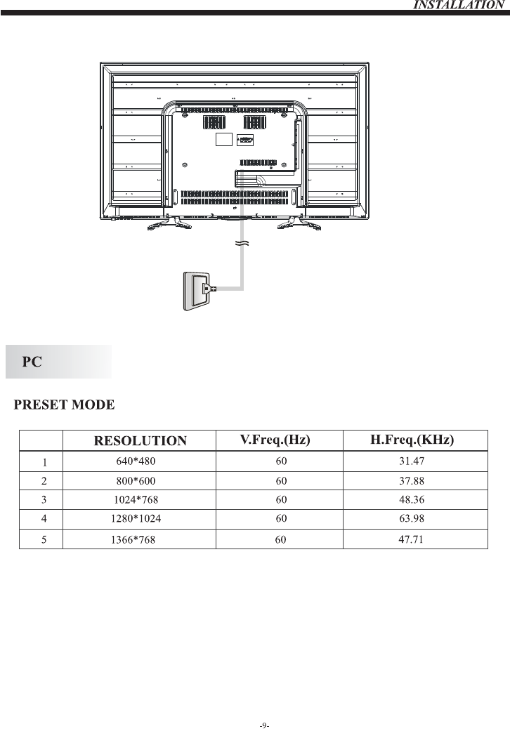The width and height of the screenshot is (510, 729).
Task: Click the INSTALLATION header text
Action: pos(459,5)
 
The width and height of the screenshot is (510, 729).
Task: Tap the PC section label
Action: pos(32,362)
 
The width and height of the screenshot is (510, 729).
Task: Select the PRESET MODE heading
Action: pos(64,405)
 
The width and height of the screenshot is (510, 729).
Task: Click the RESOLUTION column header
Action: pos(140,441)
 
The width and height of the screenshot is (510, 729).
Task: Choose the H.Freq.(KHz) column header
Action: pos(412,440)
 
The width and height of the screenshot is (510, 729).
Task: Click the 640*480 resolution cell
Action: pos(136,462)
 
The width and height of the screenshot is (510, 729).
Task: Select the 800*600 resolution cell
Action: pos(136,481)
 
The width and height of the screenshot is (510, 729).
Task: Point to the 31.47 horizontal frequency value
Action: pos(412,462)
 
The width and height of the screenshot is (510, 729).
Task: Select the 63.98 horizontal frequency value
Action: pos(412,519)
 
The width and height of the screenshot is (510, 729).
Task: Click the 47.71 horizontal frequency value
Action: pos(412,539)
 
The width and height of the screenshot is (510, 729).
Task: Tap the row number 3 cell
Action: pos(44,500)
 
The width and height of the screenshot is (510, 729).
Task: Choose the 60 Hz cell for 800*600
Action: pos(281,481)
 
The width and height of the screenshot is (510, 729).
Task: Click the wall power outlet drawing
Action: pos(195,289)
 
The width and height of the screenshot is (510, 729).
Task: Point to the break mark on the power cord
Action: pos(242,244)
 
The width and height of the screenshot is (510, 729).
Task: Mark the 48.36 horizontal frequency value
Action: pos(412,500)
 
